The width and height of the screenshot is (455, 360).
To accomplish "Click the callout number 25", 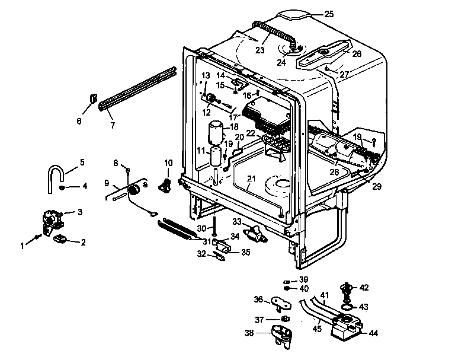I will pyautogui.click(x=329, y=13).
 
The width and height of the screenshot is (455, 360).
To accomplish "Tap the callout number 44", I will pyautogui.click(x=373, y=333).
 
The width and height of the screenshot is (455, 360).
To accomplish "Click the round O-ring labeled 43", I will pyautogui.click(x=348, y=307).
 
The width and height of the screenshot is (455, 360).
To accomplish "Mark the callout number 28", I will pyautogui.click(x=334, y=171).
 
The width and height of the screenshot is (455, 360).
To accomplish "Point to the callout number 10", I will pyautogui.click(x=168, y=163).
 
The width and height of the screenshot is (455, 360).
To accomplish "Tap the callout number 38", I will pyautogui.click(x=249, y=333).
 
